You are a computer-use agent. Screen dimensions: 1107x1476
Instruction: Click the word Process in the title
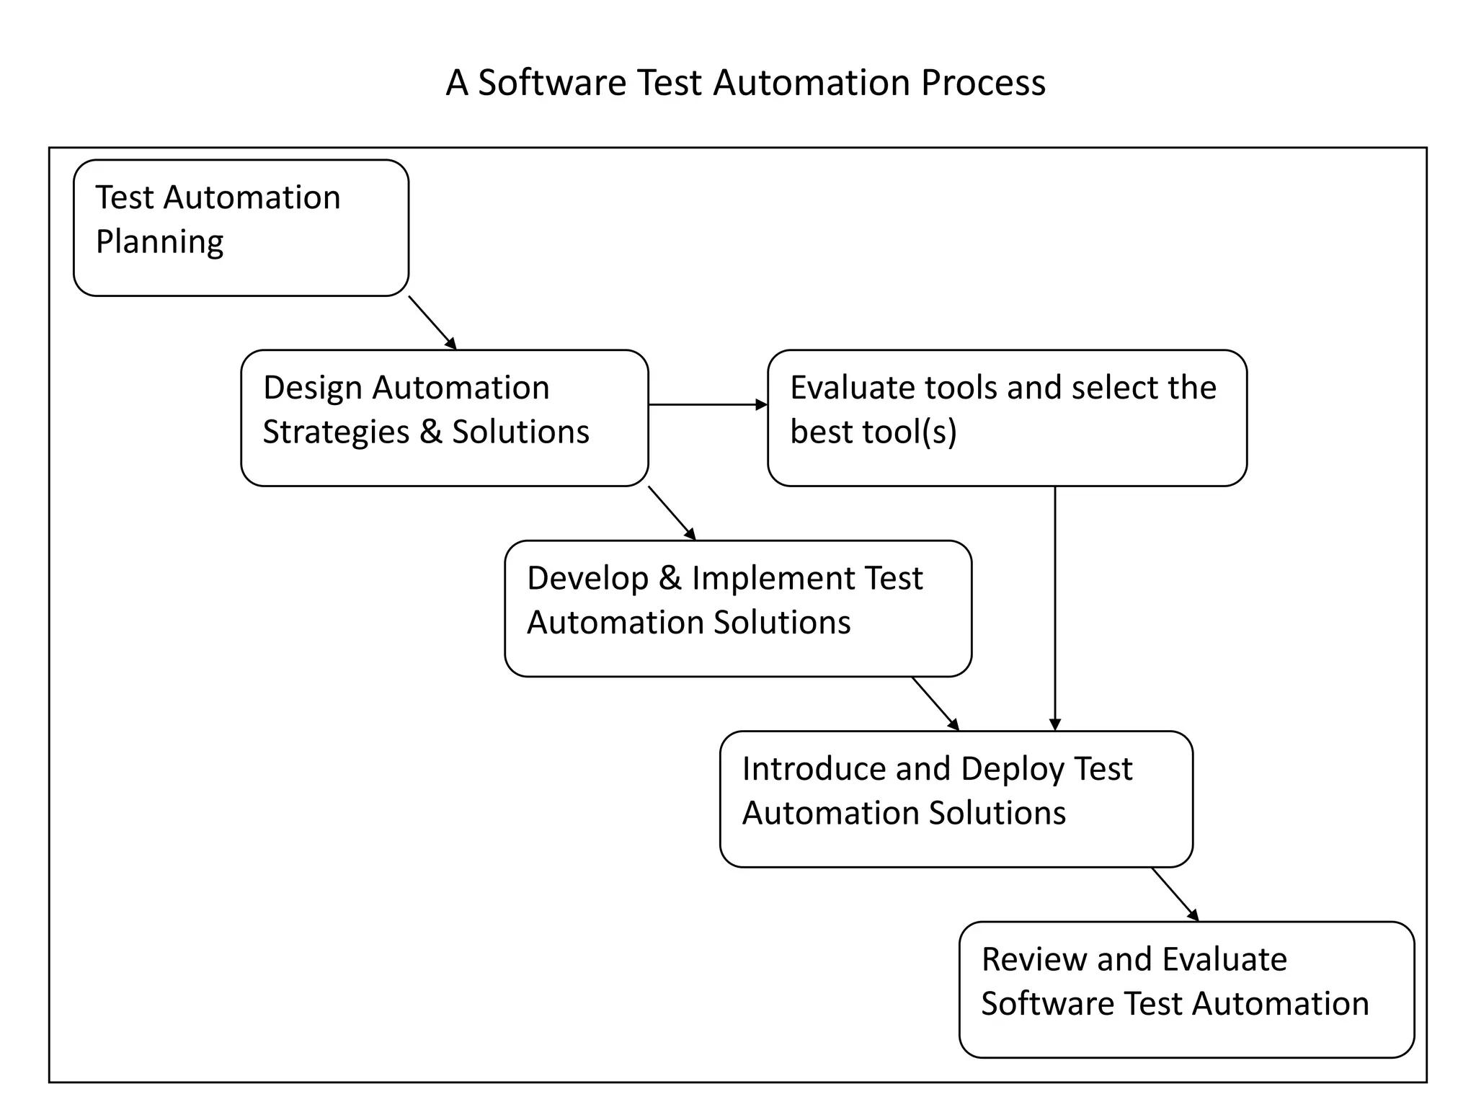coord(983,83)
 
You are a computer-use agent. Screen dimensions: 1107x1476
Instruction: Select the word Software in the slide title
coord(552,83)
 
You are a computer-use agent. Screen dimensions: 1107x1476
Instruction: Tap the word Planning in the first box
coord(159,242)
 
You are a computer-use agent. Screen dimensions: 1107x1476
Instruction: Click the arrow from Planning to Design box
coord(432,322)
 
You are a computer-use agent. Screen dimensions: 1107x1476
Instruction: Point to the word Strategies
coord(336,432)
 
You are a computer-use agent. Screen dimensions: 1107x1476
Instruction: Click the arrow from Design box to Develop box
coord(672,513)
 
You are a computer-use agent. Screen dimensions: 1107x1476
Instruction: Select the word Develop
coord(587,579)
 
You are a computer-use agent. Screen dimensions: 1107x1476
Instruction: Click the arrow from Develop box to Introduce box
coord(935,703)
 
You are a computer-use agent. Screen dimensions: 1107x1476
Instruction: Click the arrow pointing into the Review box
coord(1175,894)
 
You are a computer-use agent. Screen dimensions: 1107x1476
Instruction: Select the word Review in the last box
coord(1034,960)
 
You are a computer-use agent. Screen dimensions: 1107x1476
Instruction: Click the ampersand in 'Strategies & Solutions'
coord(430,432)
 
